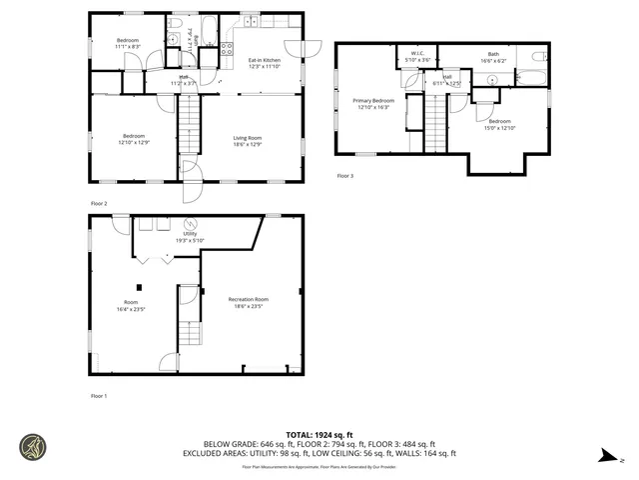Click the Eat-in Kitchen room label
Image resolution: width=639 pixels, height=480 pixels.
(264, 63)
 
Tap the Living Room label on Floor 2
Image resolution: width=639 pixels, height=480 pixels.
(249, 139)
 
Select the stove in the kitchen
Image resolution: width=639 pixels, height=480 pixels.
(227, 46)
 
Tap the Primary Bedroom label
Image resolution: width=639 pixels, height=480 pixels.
(373, 103)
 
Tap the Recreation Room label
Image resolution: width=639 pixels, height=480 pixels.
(249, 302)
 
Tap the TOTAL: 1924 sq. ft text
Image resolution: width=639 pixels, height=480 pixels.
(319, 434)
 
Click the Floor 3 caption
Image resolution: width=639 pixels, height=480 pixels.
(344, 176)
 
